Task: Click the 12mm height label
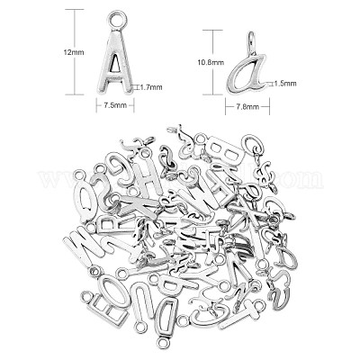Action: (x=74, y=52)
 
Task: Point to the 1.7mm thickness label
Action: (x=151, y=87)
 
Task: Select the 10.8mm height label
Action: (x=211, y=62)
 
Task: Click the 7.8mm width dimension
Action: (x=248, y=106)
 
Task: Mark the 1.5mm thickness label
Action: (x=285, y=84)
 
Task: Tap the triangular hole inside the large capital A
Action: (x=114, y=66)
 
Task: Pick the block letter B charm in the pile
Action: (x=223, y=149)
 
